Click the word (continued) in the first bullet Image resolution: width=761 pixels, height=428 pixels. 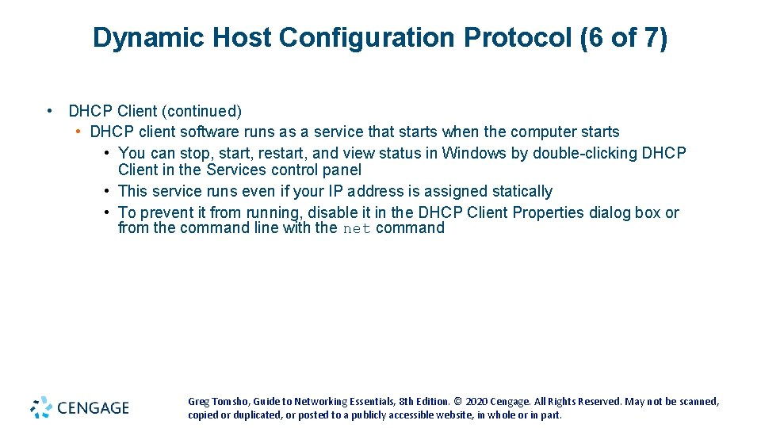pos(203,111)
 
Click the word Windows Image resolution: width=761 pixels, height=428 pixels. pos(474,153)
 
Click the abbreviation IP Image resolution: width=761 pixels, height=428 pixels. pos(335,191)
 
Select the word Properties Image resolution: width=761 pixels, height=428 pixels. pos(541,212)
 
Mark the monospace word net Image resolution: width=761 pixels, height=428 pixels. pos(357,229)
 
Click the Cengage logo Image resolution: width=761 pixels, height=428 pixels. pos(80,407)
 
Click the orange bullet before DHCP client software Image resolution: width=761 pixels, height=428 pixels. pos(79,132)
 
